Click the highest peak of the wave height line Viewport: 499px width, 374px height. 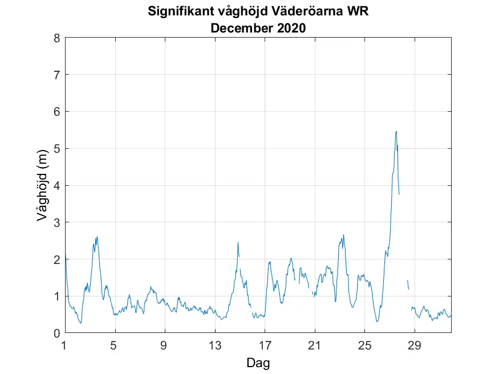point(396,131)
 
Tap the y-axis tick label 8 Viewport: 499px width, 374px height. point(56,38)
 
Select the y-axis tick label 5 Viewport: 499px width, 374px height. point(56,149)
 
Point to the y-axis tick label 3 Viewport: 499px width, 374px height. point(56,222)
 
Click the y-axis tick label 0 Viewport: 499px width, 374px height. point(56,333)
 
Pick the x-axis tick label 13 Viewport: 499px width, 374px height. point(214,345)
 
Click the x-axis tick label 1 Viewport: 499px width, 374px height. point(65,345)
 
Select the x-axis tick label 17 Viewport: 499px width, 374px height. point(265,345)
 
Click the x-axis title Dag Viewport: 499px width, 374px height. point(258,363)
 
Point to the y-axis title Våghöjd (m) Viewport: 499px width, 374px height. point(41,186)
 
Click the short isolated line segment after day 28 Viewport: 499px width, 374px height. point(408,284)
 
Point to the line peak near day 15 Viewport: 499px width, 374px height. point(238,242)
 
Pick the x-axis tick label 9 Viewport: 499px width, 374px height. point(165,345)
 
